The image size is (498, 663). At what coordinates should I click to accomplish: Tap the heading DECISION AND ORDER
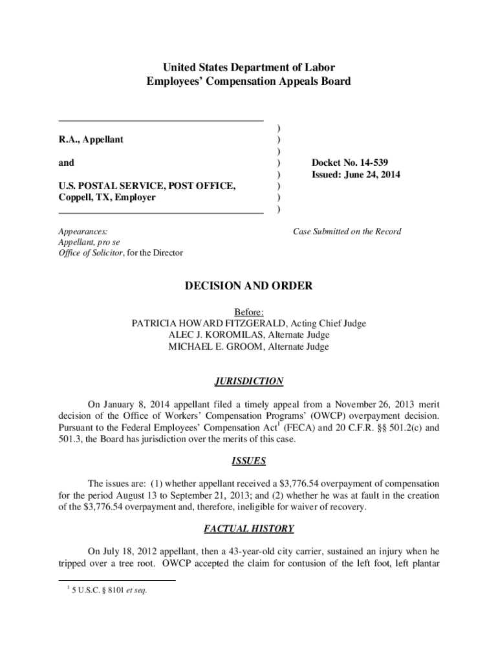coord(249,286)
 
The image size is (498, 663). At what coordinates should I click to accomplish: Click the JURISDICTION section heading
coord(249,381)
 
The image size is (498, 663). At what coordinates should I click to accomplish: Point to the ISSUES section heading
coord(249,462)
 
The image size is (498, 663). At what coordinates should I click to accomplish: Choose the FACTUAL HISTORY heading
coord(249,529)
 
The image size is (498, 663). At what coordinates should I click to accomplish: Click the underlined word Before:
coord(249,311)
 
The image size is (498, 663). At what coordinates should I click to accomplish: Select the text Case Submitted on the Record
coord(347,231)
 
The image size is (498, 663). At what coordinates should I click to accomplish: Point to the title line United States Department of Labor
coord(249,68)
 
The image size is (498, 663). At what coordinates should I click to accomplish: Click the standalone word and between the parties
coord(66,163)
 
